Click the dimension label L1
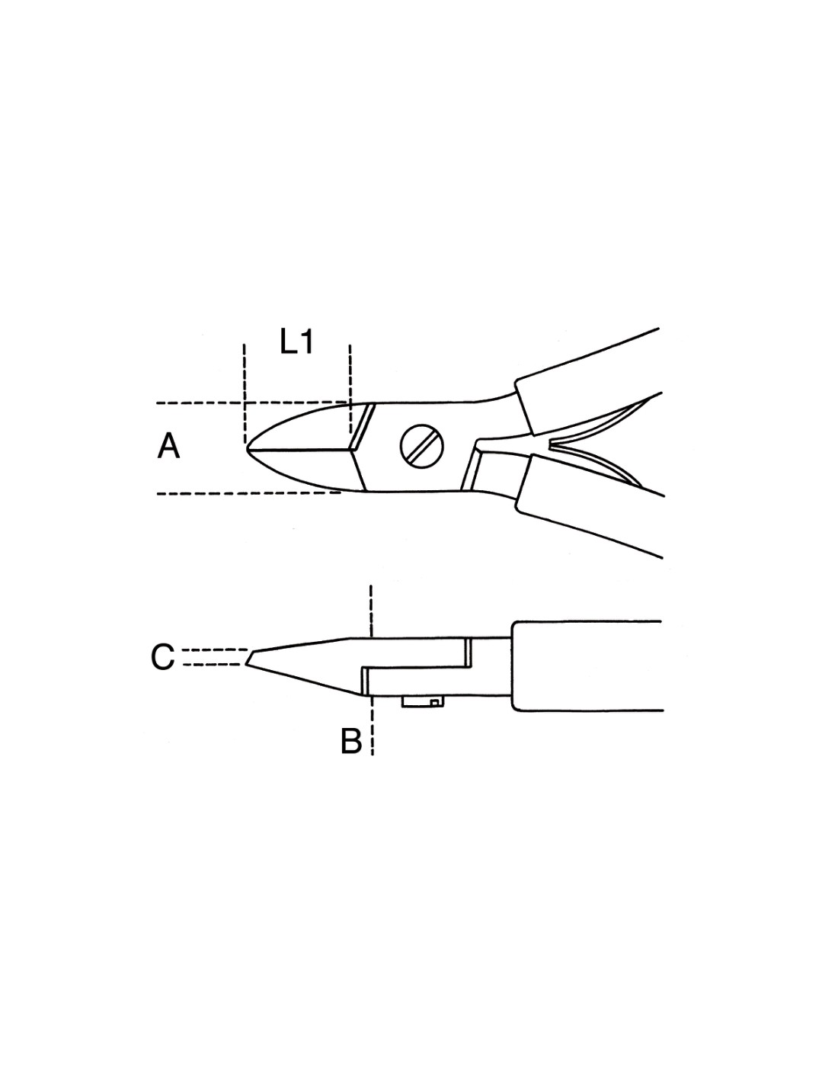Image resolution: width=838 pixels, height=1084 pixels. [296, 343]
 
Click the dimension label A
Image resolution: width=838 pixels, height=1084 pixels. [168, 446]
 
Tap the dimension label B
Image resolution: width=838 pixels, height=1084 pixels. [351, 741]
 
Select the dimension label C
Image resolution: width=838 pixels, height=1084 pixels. [163, 657]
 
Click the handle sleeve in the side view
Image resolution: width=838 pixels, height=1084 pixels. [587, 666]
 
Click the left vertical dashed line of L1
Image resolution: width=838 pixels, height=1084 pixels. [245, 393]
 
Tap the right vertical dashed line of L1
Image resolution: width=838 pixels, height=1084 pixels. [350, 389]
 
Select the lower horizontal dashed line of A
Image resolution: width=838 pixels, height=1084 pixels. [249, 493]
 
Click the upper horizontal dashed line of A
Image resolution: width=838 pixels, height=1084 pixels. [251, 402]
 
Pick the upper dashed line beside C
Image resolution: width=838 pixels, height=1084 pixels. [215, 650]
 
